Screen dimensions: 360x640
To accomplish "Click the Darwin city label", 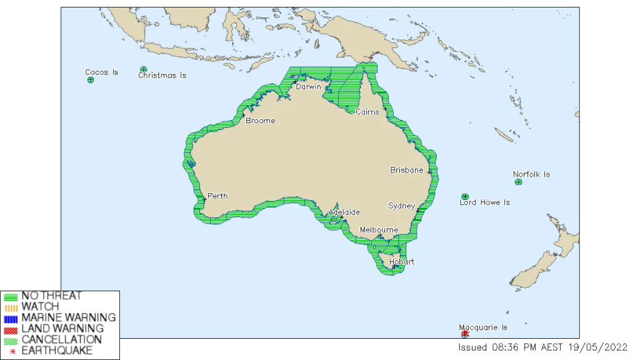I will (308, 87).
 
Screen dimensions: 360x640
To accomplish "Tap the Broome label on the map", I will (260, 121).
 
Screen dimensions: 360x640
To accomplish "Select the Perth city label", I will (217, 196).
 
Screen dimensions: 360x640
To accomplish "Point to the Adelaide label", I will (344, 212).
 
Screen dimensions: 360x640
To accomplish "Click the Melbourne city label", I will (379, 230).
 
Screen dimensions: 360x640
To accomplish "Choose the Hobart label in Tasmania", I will (401, 262).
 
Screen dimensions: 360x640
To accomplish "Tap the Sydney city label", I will (401, 206).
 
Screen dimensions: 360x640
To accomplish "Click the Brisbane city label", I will (407, 170).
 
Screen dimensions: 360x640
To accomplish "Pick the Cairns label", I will (367, 112).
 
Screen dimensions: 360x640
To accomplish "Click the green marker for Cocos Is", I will (91, 80).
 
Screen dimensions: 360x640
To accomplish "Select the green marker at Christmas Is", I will (144, 69).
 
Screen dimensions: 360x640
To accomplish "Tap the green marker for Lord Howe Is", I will (465, 196).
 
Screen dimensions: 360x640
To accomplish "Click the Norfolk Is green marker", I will (518, 182).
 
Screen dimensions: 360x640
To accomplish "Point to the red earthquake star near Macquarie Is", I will (466, 333).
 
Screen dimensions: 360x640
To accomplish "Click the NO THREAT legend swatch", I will (11, 296).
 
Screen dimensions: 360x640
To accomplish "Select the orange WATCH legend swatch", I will (11, 307).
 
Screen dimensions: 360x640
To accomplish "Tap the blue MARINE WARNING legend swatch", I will (11, 317).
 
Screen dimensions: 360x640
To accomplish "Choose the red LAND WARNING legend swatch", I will (11, 329).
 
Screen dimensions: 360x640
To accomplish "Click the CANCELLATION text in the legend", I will (61, 339).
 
